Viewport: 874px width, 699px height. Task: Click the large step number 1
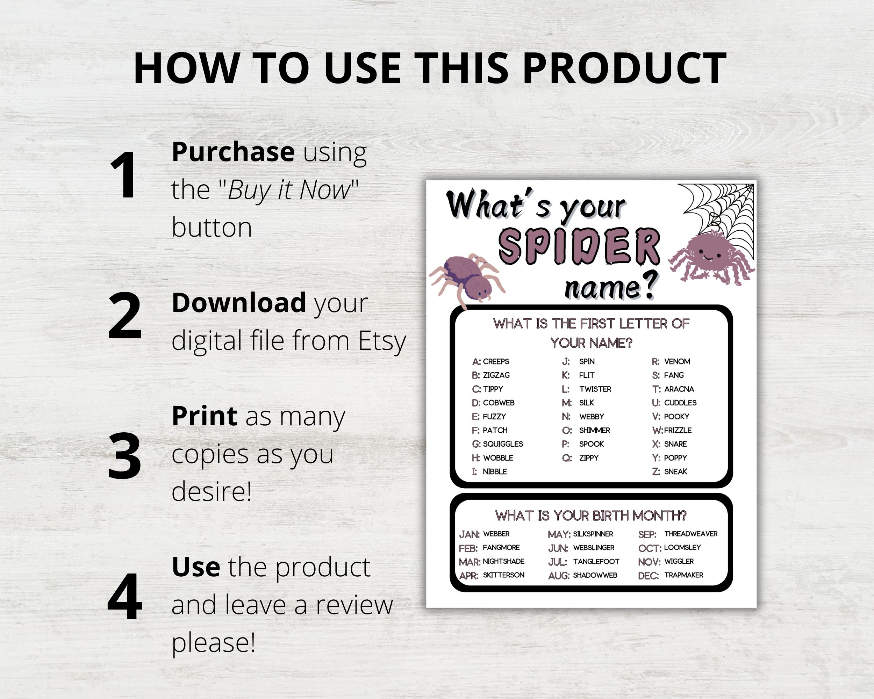pyautogui.click(x=123, y=175)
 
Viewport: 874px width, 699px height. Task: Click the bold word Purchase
pyautogui.click(x=233, y=152)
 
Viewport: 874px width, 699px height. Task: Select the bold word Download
pyautogui.click(x=239, y=303)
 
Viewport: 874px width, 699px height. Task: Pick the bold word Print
pyautogui.click(x=204, y=416)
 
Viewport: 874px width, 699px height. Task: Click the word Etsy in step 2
pyautogui.click(x=382, y=341)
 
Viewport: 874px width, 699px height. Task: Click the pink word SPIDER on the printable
pyautogui.click(x=579, y=246)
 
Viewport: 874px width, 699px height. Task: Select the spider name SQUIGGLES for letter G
pyautogui.click(x=503, y=444)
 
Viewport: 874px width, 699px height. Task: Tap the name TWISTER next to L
pyautogui.click(x=595, y=389)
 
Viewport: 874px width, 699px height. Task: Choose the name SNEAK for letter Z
pyautogui.click(x=675, y=472)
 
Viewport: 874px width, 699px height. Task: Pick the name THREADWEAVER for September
pyautogui.click(x=690, y=534)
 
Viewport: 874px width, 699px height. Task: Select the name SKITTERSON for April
pyautogui.click(x=503, y=575)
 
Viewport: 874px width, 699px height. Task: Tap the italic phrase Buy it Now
pyautogui.click(x=289, y=190)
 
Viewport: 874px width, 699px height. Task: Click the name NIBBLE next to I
pyautogui.click(x=495, y=472)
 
